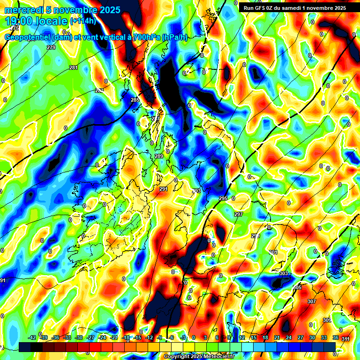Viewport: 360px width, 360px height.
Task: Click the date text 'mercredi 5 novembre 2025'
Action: (x=62, y=10)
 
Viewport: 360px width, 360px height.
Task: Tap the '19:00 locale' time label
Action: (x=36, y=21)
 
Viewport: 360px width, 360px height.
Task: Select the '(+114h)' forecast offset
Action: (x=83, y=21)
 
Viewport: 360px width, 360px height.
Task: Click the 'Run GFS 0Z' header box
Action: (x=293, y=7)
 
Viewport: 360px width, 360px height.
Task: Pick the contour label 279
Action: (x=51, y=48)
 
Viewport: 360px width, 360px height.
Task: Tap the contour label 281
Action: (x=74, y=68)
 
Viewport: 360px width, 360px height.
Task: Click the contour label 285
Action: (x=135, y=100)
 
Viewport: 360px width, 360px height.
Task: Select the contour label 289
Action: (x=159, y=156)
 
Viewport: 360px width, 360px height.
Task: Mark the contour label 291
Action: (x=163, y=189)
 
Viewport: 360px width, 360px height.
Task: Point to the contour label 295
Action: (x=223, y=199)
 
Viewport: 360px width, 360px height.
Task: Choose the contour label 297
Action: (x=239, y=214)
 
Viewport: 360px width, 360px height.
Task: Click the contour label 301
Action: (x=273, y=252)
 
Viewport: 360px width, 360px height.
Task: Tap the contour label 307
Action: (x=312, y=301)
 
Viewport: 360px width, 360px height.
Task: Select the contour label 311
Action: (x=345, y=339)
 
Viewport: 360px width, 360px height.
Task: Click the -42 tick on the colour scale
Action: (x=32, y=337)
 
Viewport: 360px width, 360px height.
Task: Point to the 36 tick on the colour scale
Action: (x=336, y=337)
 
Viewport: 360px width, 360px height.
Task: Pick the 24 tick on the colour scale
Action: (x=289, y=337)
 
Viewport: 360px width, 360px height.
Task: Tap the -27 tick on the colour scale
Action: (x=90, y=337)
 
